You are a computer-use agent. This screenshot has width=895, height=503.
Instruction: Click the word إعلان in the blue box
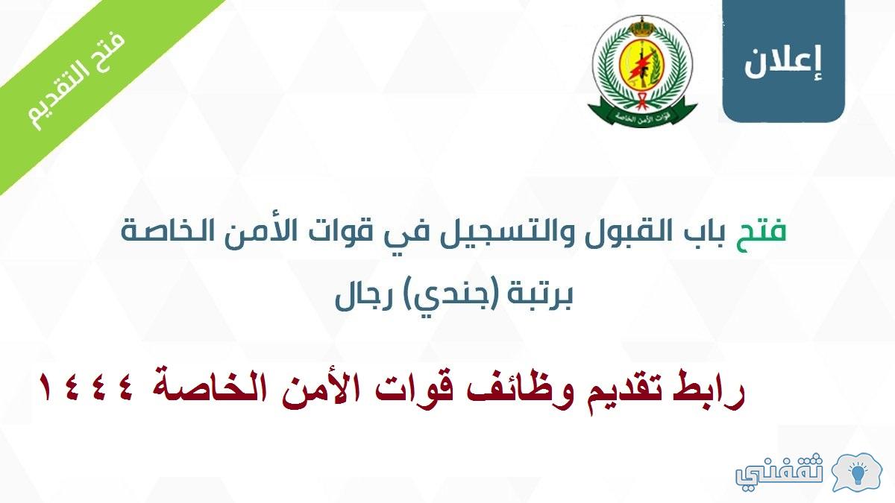pyautogui.click(x=782, y=63)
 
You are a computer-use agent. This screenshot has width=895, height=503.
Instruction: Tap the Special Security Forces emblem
pyautogui.click(x=642, y=72)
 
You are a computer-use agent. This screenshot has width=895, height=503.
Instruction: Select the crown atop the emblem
pyautogui.click(x=642, y=26)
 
